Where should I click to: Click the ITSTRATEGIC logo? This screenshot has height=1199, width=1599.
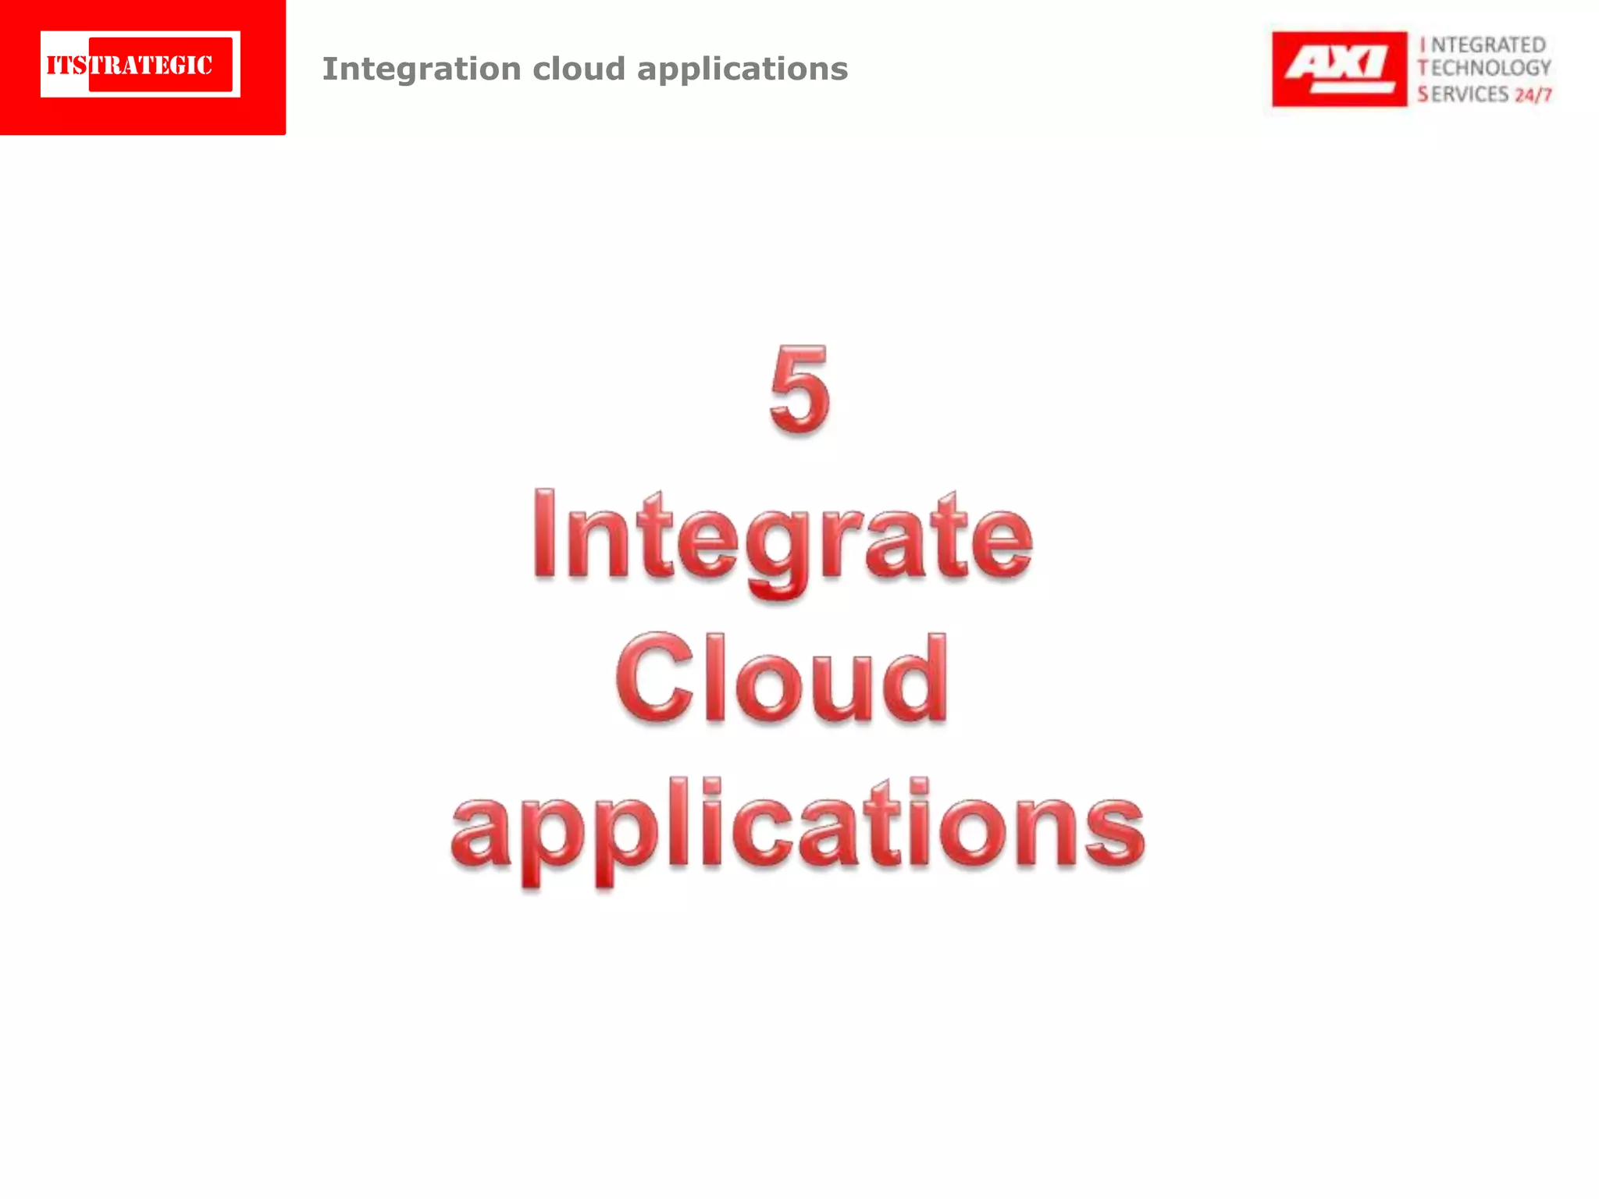tap(141, 65)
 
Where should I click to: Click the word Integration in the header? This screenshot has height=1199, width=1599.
tap(422, 69)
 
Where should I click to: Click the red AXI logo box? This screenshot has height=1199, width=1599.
tap(1339, 69)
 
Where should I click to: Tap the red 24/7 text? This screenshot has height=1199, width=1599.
tap(1533, 95)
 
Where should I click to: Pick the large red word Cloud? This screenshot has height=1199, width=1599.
tap(782, 678)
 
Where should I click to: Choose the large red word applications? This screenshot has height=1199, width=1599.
tap(798, 827)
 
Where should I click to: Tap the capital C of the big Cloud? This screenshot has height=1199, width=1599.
tap(654, 678)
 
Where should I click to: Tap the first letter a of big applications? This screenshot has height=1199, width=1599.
tap(482, 831)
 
